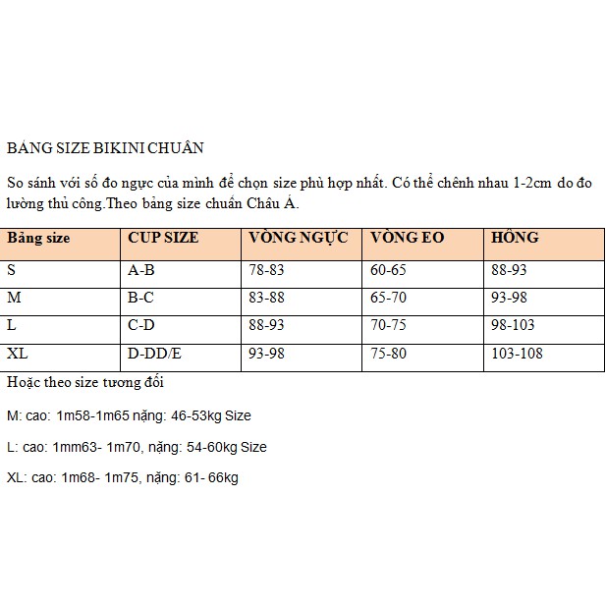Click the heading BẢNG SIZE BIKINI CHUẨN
click(x=105, y=148)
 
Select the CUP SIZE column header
click(x=163, y=238)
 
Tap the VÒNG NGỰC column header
click(x=299, y=238)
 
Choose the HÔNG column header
click(x=515, y=238)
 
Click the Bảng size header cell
click(x=38, y=238)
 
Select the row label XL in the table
click(x=18, y=353)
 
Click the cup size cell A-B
click(x=144, y=269)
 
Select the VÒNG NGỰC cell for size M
click(x=266, y=297)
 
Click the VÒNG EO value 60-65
click(x=388, y=269)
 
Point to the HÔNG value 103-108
click(x=517, y=353)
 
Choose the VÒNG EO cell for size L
click(x=388, y=324)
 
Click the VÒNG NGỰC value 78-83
click(x=266, y=269)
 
